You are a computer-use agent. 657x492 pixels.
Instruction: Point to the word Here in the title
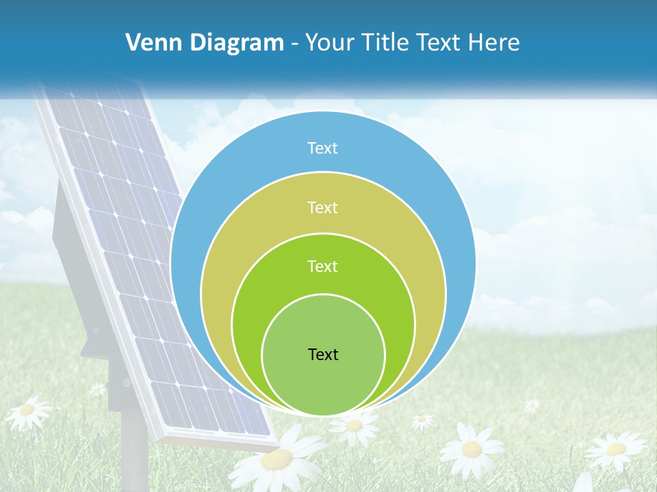(493, 42)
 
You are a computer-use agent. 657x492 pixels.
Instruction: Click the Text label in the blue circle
(323, 148)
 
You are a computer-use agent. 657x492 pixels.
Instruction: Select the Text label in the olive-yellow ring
(323, 207)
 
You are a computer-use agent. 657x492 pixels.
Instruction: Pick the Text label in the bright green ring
(323, 266)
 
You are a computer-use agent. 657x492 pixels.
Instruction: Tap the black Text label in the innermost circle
(323, 354)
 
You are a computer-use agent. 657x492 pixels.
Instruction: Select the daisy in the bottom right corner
(616, 449)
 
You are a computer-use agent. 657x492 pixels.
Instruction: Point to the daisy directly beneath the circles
(355, 425)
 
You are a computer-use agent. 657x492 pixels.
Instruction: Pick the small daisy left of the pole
(97, 389)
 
